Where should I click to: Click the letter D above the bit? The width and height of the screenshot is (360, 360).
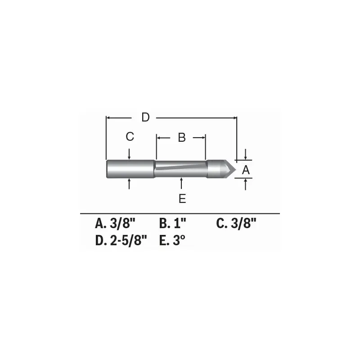145,117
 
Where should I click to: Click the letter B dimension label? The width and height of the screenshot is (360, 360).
181,138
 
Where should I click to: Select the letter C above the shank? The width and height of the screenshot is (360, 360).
130,137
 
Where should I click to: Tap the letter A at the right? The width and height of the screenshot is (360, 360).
245,170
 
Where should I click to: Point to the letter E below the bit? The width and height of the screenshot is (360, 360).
182,198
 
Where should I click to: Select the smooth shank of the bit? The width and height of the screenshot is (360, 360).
130,169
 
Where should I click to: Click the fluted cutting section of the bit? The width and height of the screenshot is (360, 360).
180,169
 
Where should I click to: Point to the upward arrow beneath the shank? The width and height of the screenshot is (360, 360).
129,184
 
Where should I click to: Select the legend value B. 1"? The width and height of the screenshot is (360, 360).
173,224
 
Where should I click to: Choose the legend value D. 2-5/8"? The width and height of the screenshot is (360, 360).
121,240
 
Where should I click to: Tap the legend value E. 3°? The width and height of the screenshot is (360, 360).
173,240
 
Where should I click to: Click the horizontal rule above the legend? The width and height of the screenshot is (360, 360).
180,213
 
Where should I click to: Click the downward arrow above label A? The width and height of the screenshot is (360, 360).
245,154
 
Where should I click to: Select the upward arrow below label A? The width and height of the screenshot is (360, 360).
245,184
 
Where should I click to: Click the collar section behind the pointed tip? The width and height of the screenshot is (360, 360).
215,169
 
